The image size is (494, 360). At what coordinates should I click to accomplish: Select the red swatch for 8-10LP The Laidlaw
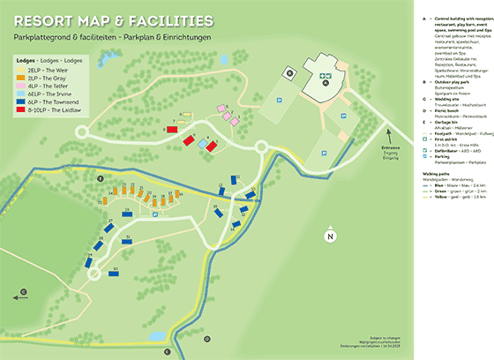21,112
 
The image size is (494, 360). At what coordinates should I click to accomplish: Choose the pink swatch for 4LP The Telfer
21,85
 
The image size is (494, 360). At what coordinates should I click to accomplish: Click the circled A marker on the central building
326,77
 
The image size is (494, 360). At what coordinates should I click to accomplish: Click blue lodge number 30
115,272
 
